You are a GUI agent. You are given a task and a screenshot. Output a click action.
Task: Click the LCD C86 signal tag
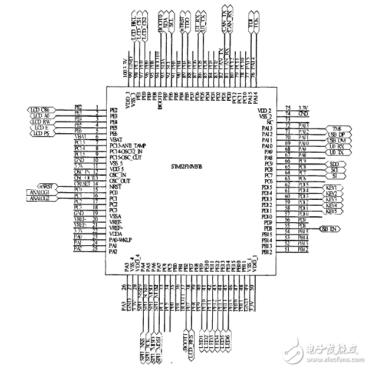[x=40, y=110]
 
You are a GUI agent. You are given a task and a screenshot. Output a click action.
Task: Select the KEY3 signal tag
[x=331, y=199]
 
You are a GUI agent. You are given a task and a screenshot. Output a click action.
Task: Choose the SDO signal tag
[x=334, y=163]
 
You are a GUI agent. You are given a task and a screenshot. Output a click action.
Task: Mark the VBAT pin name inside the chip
[x=114, y=138]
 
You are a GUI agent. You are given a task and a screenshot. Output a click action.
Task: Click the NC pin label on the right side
[x=269, y=121]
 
